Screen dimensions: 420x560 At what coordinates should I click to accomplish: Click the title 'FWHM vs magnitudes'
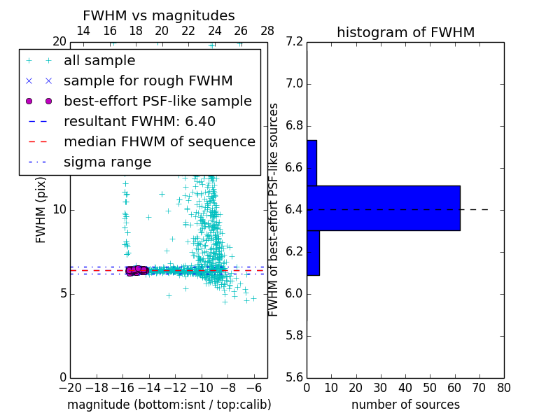159,16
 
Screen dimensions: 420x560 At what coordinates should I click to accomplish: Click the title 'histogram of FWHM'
405,32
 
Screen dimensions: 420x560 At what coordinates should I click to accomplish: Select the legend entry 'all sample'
99,61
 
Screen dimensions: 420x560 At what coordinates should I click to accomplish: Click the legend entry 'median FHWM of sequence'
159,141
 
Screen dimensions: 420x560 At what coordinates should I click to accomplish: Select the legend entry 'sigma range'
107,162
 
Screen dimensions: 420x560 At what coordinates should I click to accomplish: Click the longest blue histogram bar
383,208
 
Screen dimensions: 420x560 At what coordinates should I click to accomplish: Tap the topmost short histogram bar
311,162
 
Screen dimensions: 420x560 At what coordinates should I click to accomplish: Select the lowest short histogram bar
313,253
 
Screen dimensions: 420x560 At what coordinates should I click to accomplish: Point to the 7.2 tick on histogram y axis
294,42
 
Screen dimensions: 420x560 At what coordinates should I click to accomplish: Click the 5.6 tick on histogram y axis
294,377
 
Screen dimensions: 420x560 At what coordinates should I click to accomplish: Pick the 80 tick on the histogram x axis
503,387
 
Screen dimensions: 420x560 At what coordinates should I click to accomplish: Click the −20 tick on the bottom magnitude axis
70,387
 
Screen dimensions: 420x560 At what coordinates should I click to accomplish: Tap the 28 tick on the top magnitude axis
267,31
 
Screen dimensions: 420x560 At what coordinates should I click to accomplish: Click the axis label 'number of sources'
405,405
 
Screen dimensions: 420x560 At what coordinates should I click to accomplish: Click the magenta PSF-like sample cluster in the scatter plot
136,270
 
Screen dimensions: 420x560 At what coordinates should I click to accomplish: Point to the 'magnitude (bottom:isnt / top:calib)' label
169,405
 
